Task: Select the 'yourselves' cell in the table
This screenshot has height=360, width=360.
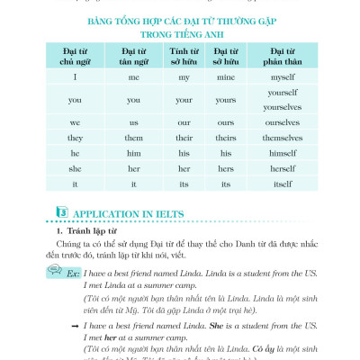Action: pyautogui.click(x=282, y=106)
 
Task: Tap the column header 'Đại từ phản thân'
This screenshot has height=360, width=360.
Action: pyautogui.click(x=282, y=56)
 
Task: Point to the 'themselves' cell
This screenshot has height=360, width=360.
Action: pyautogui.click(x=282, y=138)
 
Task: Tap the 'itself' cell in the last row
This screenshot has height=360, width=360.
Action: pyautogui.click(x=282, y=184)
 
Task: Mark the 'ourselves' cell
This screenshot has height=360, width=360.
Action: pyautogui.click(x=282, y=122)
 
